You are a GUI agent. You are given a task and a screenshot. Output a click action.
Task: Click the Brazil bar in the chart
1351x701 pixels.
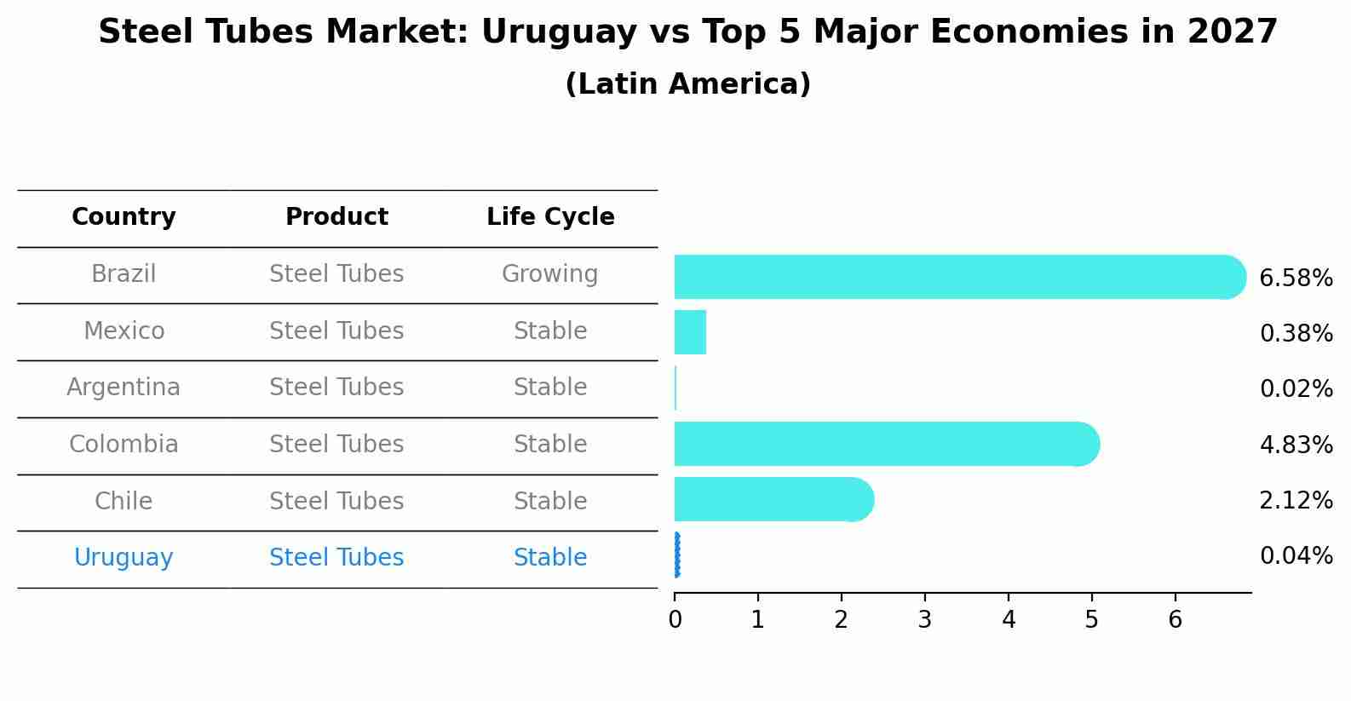pyautogui.click(x=954, y=277)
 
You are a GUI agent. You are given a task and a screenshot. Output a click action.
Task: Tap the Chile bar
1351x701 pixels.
pyautogui.click(x=771, y=499)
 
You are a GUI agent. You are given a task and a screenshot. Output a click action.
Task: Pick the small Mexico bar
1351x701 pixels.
pyautogui.click(x=690, y=332)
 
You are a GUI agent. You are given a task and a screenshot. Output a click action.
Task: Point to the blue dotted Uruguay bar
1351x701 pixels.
pyautogui.click(x=677, y=555)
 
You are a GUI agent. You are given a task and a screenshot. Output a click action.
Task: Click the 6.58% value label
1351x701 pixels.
pyautogui.click(x=1296, y=279)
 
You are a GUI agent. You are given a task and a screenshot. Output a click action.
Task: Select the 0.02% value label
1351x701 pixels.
pyautogui.click(x=1296, y=389)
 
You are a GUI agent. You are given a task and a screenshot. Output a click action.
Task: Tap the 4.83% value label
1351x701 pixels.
pyautogui.click(x=1296, y=445)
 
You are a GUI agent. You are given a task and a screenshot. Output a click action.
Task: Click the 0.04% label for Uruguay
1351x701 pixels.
pyautogui.click(x=1296, y=556)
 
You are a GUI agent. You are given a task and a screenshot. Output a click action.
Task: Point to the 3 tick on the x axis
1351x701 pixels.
pyautogui.click(x=925, y=619)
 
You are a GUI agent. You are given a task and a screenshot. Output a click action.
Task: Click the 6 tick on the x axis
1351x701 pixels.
pyautogui.click(x=1175, y=619)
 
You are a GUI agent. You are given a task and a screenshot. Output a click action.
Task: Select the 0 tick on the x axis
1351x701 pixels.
pyautogui.click(x=675, y=619)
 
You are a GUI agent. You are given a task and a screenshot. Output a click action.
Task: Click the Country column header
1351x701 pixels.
pyautogui.click(x=124, y=217)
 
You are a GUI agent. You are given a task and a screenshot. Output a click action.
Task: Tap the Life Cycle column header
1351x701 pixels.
pyautogui.click(x=550, y=217)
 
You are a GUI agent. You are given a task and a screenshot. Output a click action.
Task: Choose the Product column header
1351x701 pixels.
pyautogui.click(x=336, y=217)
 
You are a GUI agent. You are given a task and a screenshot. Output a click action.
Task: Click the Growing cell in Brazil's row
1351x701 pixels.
pyautogui.click(x=549, y=274)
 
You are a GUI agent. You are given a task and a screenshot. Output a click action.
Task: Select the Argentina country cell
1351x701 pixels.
pyautogui.click(x=124, y=388)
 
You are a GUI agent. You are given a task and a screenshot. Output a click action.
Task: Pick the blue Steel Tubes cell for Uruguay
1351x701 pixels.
pyautogui.click(x=336, y=558)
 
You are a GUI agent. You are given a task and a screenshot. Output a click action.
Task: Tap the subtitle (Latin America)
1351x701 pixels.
pyautogui.click(x=687, y=84)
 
